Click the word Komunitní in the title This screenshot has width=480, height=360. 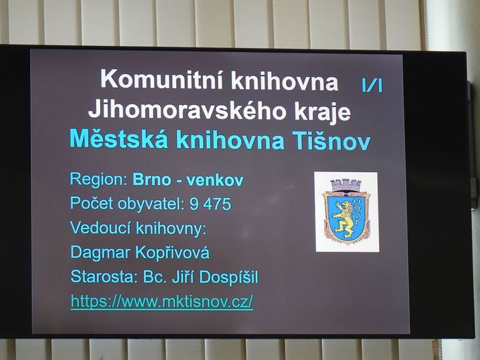pyautogui.click(x=163, y=79)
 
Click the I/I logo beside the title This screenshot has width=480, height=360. pyautogui.click(x=372, y=85)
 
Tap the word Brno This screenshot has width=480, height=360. pyautogui.click(x=152, y=180)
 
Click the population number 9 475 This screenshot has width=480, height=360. pyautogui.click(x=210, y=204)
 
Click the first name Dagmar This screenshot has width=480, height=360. pyautogui.click(x=101, y=253)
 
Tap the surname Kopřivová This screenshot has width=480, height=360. pyautogui.click(x=172, y=253)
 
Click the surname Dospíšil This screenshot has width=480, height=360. pyautogui.click(x=228, y=278)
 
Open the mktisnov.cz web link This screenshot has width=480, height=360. pyautogui.click(x=162, y=302)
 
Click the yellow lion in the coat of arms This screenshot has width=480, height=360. pyautogui.click(x=346, y=219)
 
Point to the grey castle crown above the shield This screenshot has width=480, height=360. pyautogui.click(x=346, y=184)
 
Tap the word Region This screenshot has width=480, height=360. pyautogui.click(x=98, y=180)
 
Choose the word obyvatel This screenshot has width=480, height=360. pyautogui.click(x=152, y=204)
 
